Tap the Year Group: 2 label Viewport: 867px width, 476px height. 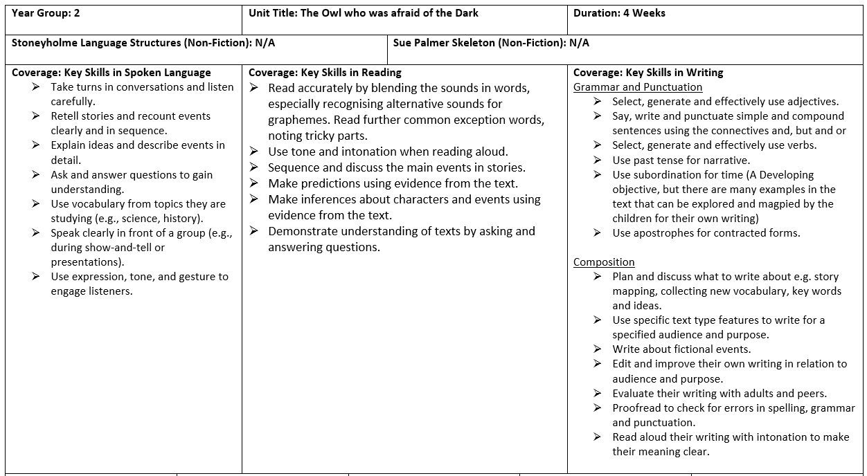tap(46, 13)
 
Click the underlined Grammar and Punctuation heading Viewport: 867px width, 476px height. tap(637, 87)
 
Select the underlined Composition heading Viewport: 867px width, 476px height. tap(604, 262)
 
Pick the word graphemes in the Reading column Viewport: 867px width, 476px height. tap(300, 120)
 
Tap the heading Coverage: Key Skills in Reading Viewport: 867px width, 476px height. tap(325, 73)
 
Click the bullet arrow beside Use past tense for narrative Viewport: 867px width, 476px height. tap(597, 161)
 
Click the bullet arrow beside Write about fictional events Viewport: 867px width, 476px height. tap(597, 349)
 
